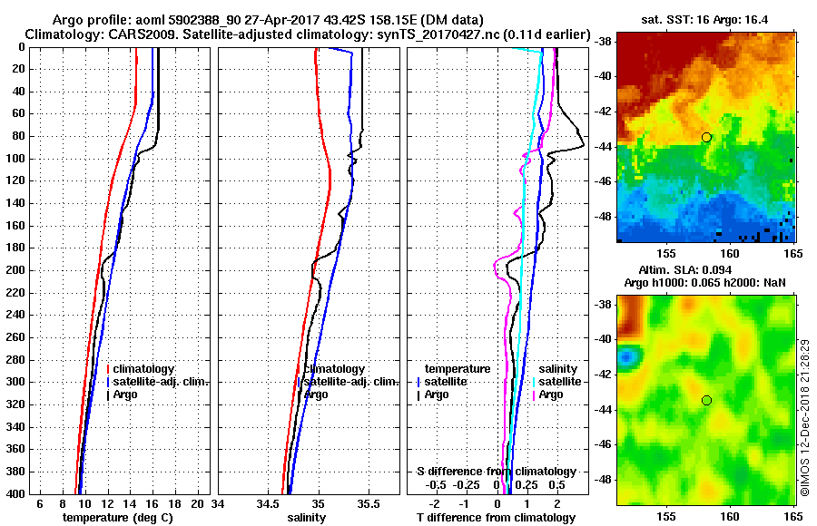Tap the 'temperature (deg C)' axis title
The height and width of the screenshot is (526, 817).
[x=117, y=518]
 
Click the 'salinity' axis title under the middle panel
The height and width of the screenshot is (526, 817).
[x=306, y=518]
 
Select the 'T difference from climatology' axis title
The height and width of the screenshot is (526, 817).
[x=496, y=518]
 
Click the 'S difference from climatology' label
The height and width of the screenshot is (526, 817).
[x=496, y=472]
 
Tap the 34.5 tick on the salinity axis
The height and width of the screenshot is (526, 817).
[x=268, y=502]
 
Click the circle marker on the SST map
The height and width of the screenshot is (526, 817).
[x=706, y=137]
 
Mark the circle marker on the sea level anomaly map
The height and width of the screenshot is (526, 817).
[x=706, y=400]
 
